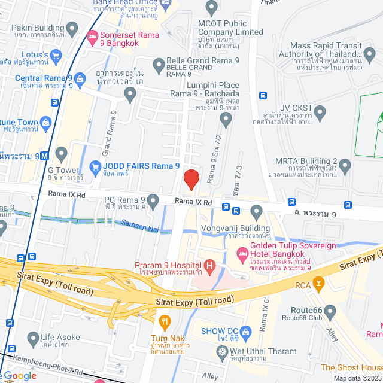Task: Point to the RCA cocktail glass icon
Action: click(x=319, y=282)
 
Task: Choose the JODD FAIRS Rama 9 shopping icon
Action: click(x=94, y=166)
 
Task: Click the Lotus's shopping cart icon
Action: click(x=56, y=56)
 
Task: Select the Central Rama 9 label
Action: click(x=43, y=78)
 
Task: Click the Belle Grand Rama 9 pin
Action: click(x=159, y=64)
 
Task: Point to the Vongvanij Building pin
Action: click(x=257, y=211)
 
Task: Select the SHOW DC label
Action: click(x=220, y=331)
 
